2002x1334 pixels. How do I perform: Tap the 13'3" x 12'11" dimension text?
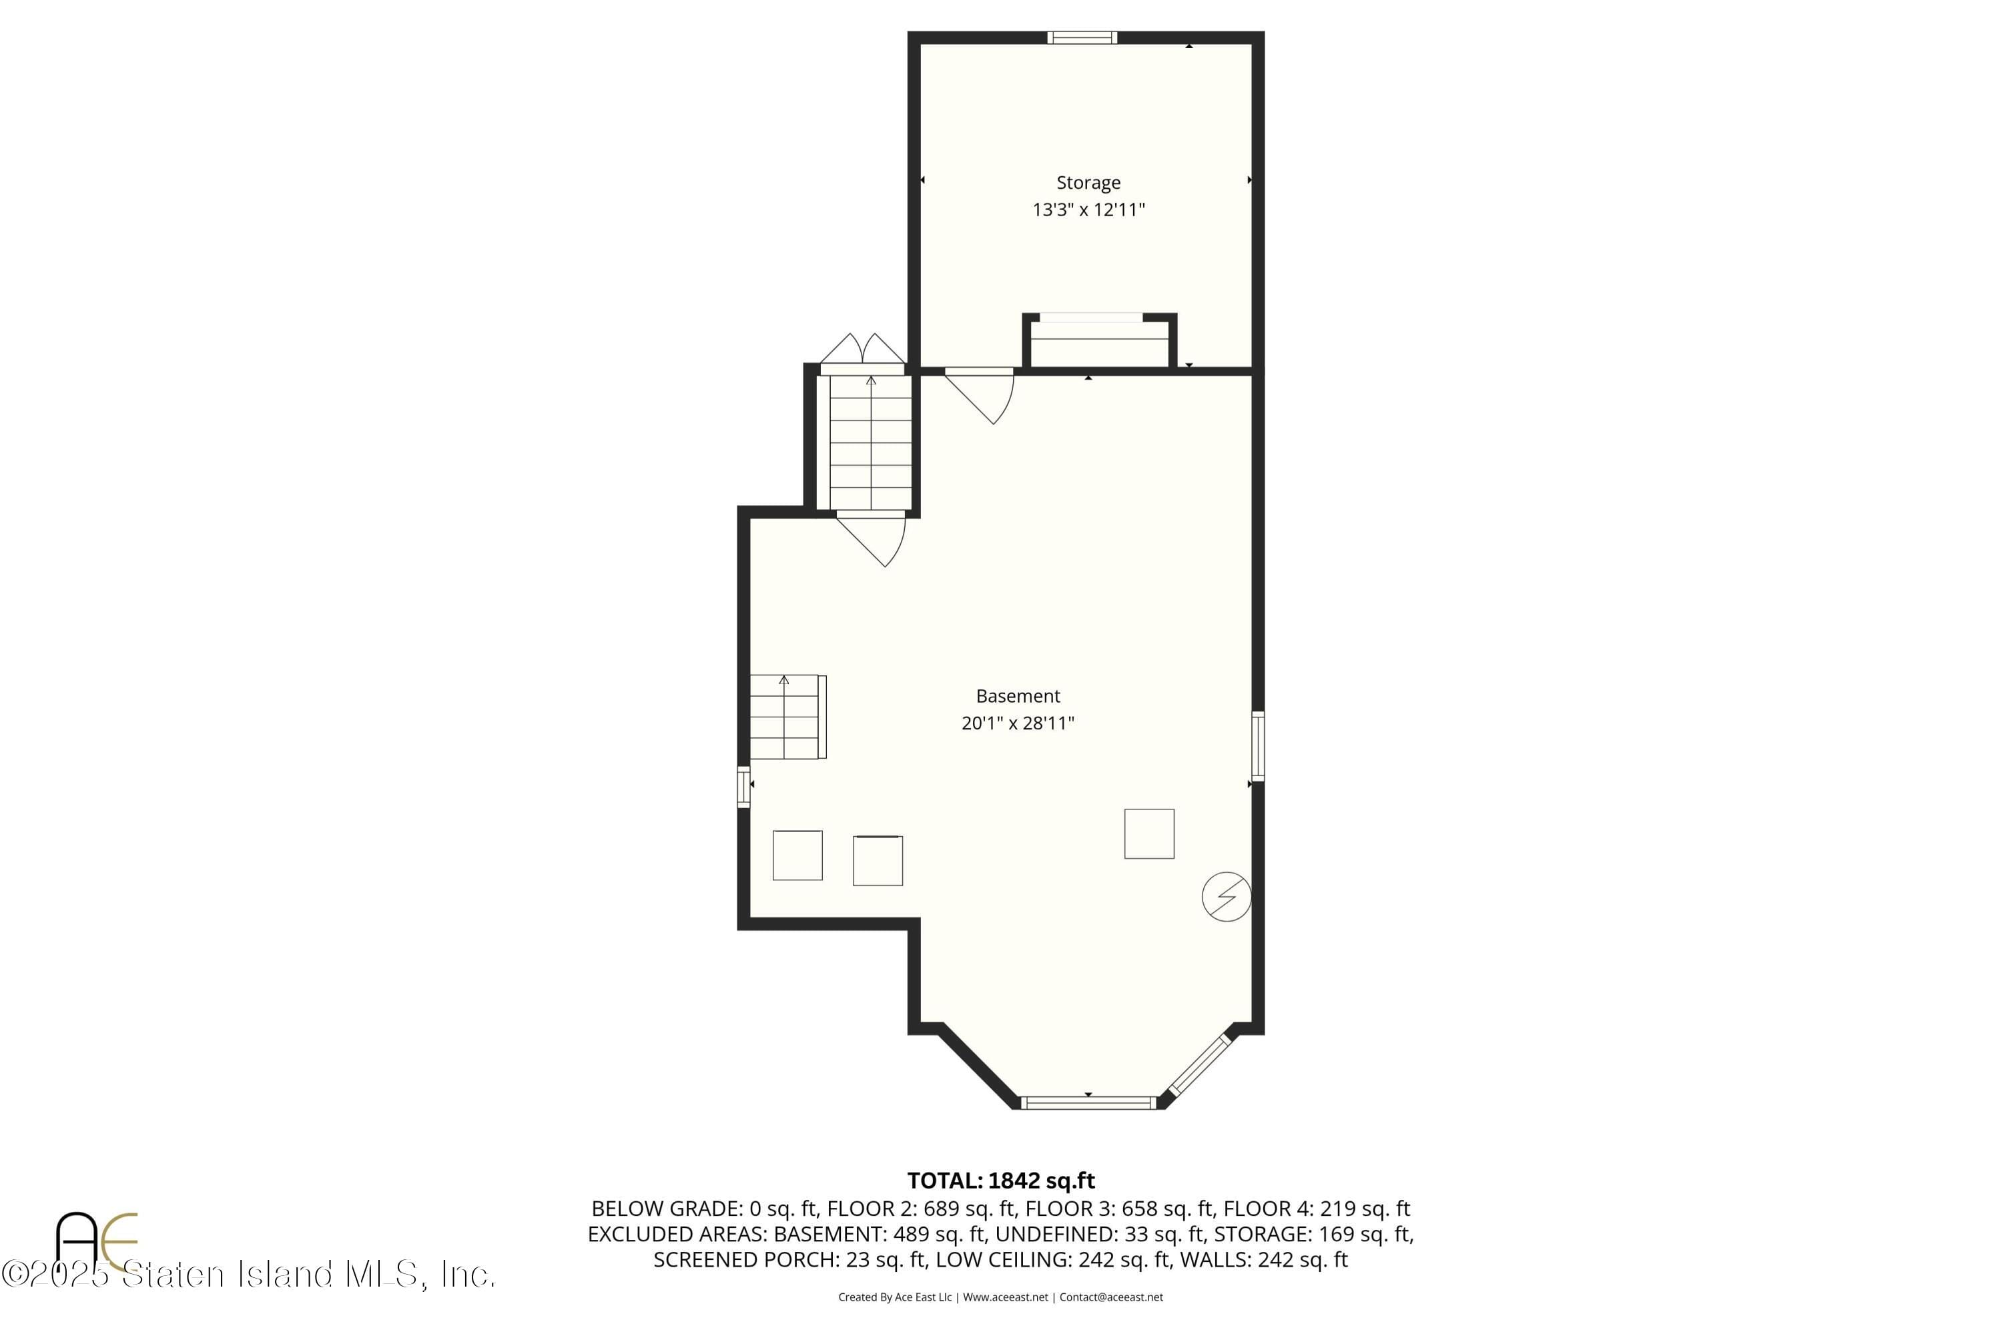[1088, 210]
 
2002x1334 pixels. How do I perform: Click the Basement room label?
[1018, 696]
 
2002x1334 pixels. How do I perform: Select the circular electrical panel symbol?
[1226, 896]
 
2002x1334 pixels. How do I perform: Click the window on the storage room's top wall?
[1081, 37]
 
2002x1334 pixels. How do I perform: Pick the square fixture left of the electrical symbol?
[1148, 833]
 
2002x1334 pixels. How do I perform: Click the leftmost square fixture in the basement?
[797, 855]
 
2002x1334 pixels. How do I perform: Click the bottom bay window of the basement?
[1087, 1102]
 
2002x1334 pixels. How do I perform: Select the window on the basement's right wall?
[1257, 745]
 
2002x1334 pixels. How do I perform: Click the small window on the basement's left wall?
[743, 786]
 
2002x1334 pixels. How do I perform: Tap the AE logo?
[95, 1241]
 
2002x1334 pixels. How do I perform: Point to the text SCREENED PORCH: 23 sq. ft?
[789, 1260]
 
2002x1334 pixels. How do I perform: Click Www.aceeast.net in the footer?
[1005, 1297]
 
